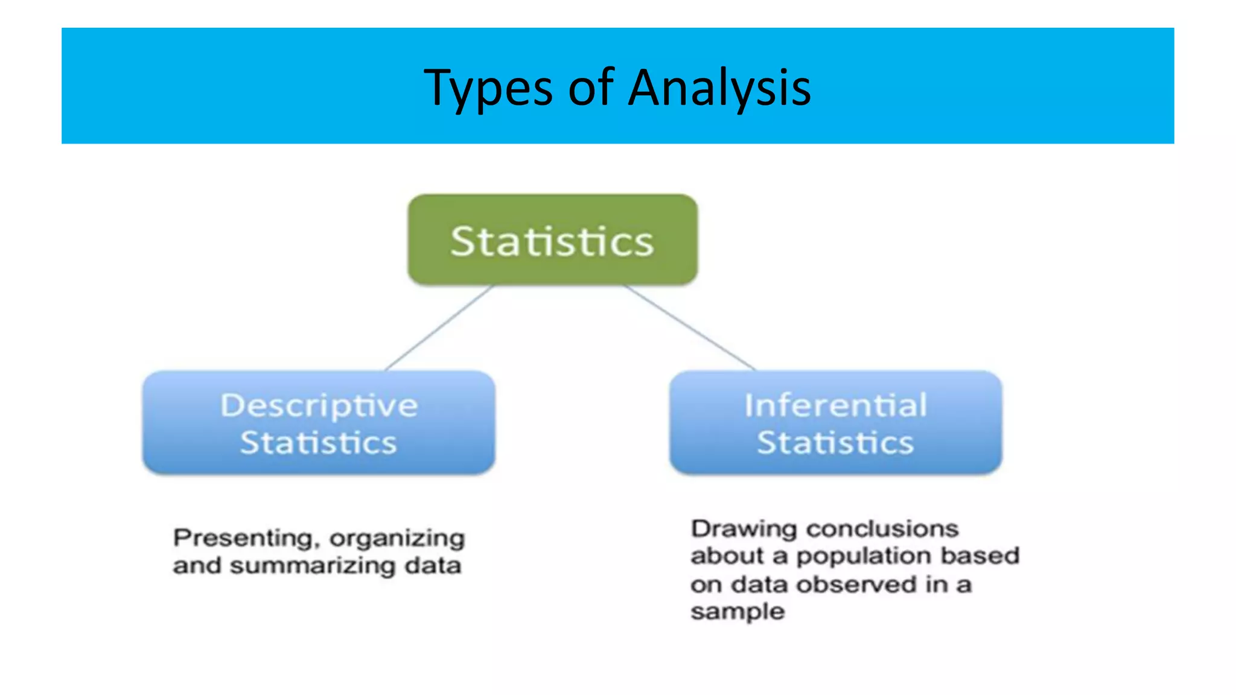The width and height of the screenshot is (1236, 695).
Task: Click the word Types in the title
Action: click(x=488, y=89)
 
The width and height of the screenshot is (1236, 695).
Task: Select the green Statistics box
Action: click(x=553, y=240)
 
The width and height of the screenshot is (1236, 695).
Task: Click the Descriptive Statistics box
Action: click(x=319, y=422)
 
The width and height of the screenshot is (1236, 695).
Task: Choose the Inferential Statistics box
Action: click(x=836, y=422)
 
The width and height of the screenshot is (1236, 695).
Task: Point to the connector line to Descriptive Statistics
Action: click(x=439, y=328)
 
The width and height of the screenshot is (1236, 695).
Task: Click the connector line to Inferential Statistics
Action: click(x=690, y=328)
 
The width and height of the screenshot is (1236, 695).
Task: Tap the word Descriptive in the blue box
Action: click(x=319, y=405)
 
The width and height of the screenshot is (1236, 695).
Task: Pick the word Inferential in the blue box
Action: click(x=836, y=405)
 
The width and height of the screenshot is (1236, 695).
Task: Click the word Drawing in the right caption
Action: click(x=744, y=529)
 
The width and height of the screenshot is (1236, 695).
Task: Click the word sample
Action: click(x=737, y=612)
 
